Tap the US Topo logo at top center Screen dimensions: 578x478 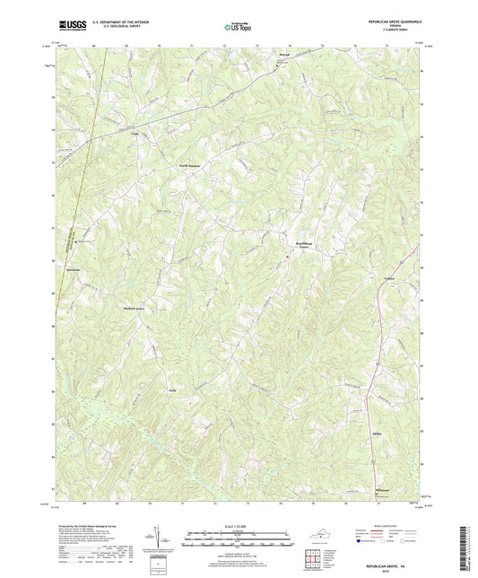236,29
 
